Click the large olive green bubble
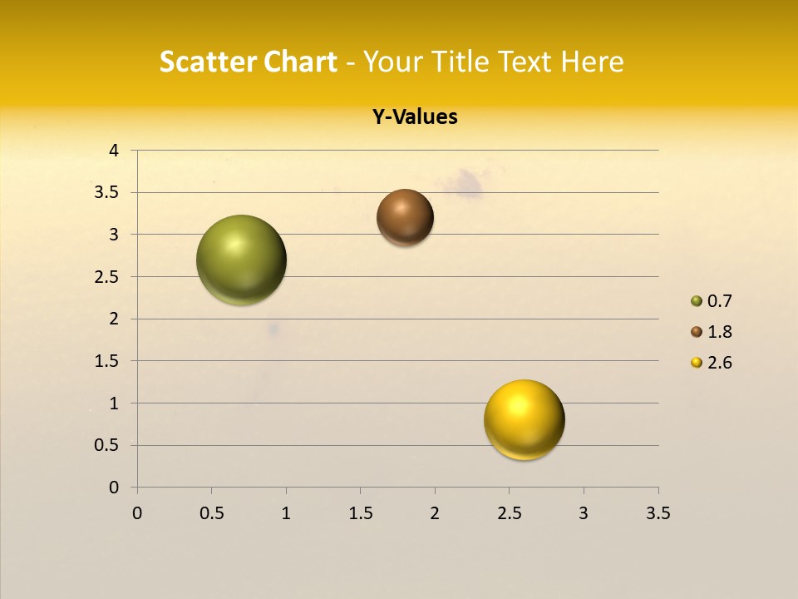click(241, 260)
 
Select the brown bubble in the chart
click(405, 217)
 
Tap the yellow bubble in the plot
click(524, 419)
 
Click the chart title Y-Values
click(414, 117)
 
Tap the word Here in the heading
click(592, 62)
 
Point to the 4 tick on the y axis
click(114, 151)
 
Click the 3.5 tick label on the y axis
click(107, 193)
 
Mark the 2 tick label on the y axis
click(114, 319)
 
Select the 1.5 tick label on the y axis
click(107, 361)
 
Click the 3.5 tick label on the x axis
click(658, 513)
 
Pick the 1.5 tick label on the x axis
click(360, 513)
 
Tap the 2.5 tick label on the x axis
click(509, 513)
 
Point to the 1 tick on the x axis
click(286, 513)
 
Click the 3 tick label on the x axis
click(584, 513)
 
